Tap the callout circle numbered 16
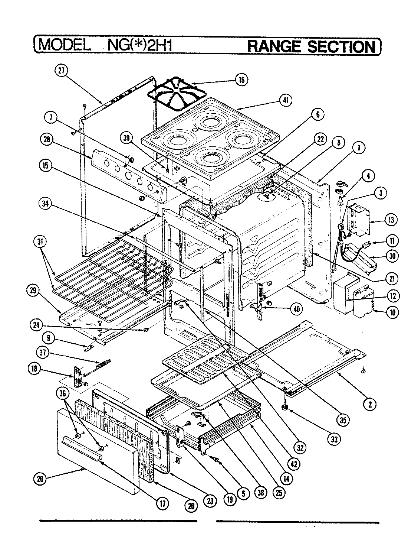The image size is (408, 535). (x=242, y=80)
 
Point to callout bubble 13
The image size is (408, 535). (x=391, y=220)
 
